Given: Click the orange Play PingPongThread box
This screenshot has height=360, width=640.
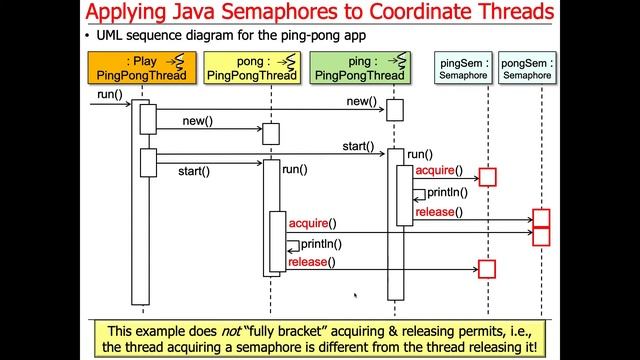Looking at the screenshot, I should [137, 68].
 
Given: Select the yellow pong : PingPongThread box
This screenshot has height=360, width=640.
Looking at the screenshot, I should [251, 68].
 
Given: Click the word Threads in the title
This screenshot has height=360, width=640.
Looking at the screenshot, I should [507, 14].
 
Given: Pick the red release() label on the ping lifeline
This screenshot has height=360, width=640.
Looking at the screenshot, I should [437, 212].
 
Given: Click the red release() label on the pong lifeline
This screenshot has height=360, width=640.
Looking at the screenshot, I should [310, 262].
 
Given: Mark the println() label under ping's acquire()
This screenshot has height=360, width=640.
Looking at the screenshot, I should [447, 192].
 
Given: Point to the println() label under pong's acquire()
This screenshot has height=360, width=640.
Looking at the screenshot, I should [321, 243].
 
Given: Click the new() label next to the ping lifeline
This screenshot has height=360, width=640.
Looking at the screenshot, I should [361, 102].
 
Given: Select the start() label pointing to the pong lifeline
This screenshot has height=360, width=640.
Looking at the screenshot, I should [194, 171].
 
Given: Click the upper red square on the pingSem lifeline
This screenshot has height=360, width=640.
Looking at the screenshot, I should [487, 177].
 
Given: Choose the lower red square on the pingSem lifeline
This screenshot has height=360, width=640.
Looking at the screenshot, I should [487, 268].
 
